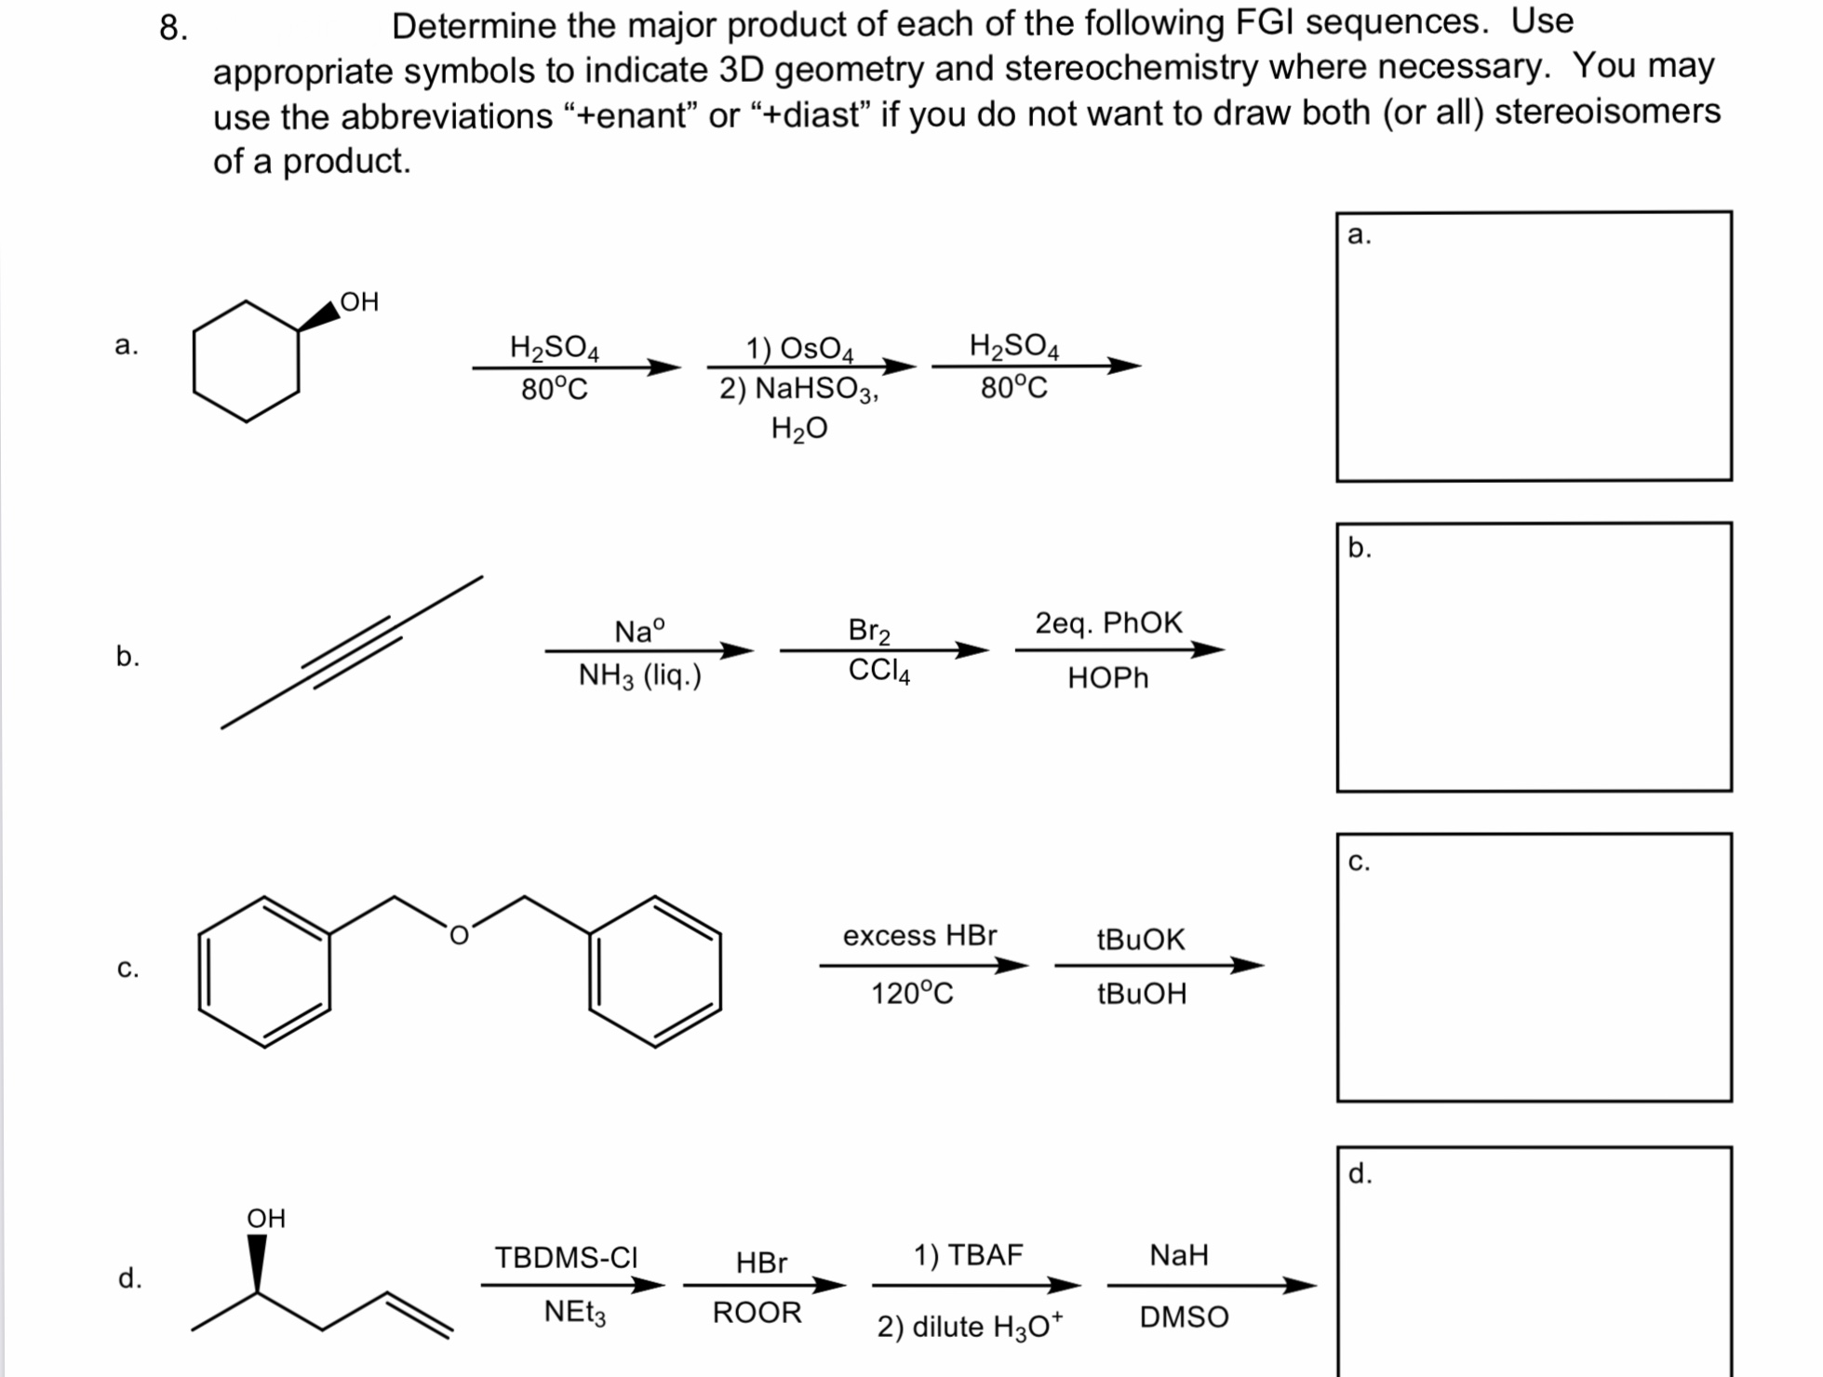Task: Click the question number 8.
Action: click(x=173, y=28)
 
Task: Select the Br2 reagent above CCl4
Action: click(x=869, y=630)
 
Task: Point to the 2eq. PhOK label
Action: click(x=1108, y=622)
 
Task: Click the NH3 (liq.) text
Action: click(x=639, y=675)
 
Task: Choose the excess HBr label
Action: click(x=919, y=935)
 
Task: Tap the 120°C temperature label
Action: click(x=912, y=994)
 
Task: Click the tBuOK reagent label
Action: click(x=1141, y=939)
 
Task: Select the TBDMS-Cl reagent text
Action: click(x=566, y=1257)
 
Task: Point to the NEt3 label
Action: click(x=575, y=1313)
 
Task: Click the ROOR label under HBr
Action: click(x=757, y=1313)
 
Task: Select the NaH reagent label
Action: click(x=1179, y=1255)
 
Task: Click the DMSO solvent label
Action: click(x=1184, y=1317)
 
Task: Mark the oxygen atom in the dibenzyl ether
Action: click(x=459, y=936)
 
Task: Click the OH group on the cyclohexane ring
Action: click(x=359, y=301)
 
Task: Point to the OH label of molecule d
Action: click(x=266, y=1218)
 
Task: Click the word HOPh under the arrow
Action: click(x=1107, y=678)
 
